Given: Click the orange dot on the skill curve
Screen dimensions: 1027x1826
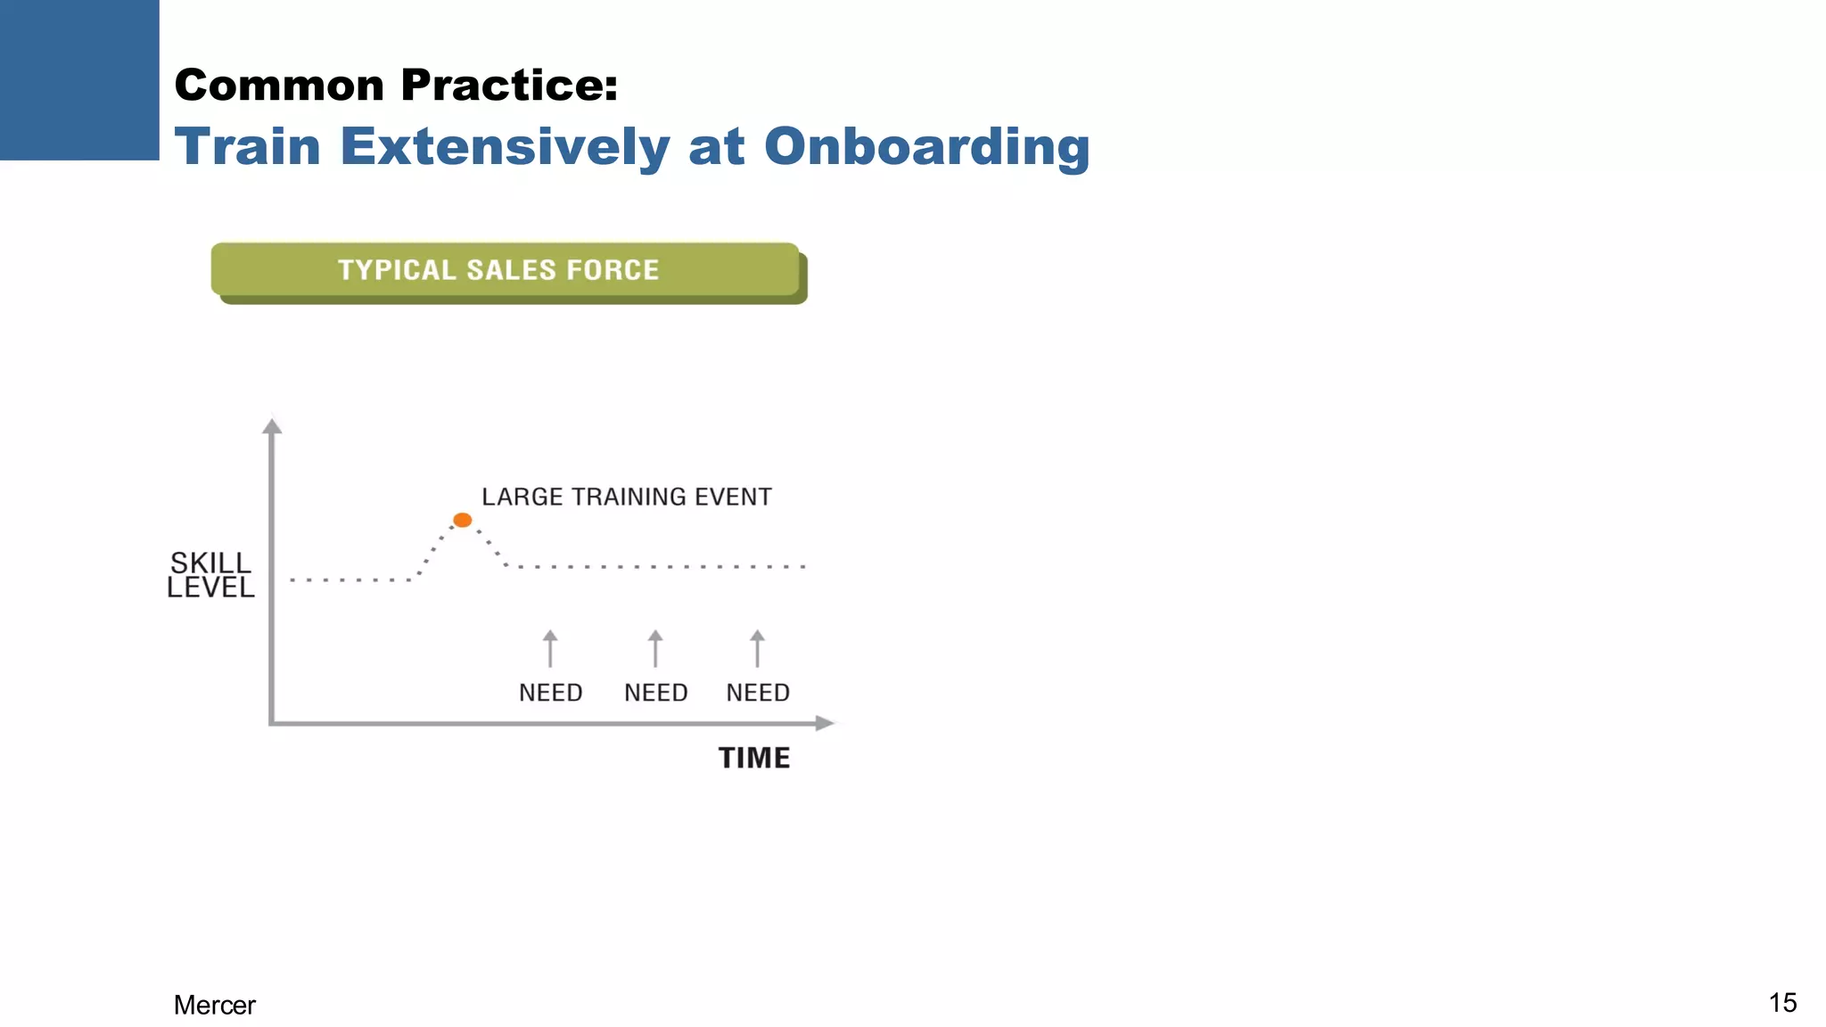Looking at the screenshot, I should coord(462,520).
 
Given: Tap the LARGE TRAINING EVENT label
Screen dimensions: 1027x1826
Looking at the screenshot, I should coord(627,497).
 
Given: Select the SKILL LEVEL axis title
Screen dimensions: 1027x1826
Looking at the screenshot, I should coord(211,575).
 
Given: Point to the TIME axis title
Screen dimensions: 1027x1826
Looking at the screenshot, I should coord(754,758).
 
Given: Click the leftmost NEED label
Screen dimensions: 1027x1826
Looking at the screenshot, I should coord(551,693).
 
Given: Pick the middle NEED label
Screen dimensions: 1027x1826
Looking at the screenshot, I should coord(656,693).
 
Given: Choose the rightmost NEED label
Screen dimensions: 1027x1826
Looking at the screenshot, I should coord(758,693).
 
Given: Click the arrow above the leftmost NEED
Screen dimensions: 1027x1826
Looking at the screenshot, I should coord(550,648).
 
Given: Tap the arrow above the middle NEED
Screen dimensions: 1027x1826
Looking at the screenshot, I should coord(655,648).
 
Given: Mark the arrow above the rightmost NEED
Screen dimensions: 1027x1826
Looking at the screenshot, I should coord(757,648).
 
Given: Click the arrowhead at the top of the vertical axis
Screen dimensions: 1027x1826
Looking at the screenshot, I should coord(272,425).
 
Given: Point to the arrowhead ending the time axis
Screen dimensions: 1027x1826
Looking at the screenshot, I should coord(826,723).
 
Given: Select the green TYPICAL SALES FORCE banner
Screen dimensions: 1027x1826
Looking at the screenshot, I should coord(506,270).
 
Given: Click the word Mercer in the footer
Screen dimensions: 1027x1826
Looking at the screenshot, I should coord(215,1005).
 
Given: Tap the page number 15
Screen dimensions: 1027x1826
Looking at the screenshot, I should coord(1782,1003).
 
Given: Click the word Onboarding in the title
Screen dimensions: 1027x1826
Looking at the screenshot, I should coord(926,147).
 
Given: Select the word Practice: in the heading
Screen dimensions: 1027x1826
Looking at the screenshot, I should coord(509,86).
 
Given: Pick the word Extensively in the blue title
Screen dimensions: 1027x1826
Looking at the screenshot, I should coord(505,147).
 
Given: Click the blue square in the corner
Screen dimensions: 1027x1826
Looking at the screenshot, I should coord(79,79).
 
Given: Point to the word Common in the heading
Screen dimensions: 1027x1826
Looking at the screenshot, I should coord(279,86).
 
